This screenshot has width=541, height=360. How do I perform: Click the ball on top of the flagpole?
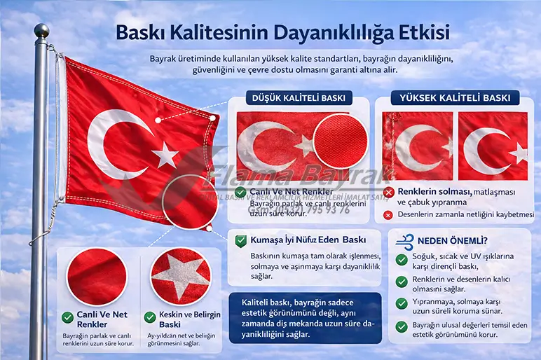(42, 31)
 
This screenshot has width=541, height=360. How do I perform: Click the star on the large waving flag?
(166, 154)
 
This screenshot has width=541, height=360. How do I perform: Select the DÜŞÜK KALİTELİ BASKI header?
(299, 99)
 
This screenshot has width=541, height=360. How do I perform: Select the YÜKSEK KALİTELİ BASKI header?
(455, 98)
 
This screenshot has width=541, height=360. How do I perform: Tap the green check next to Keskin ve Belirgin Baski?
(149, 317)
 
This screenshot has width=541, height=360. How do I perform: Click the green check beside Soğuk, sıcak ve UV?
(402, 260)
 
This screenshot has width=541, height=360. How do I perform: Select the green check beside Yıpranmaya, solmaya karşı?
(402, 303)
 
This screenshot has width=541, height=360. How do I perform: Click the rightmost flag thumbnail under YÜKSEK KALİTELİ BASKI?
(493, 146)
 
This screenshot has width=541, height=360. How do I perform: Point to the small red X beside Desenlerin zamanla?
(388, 214)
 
